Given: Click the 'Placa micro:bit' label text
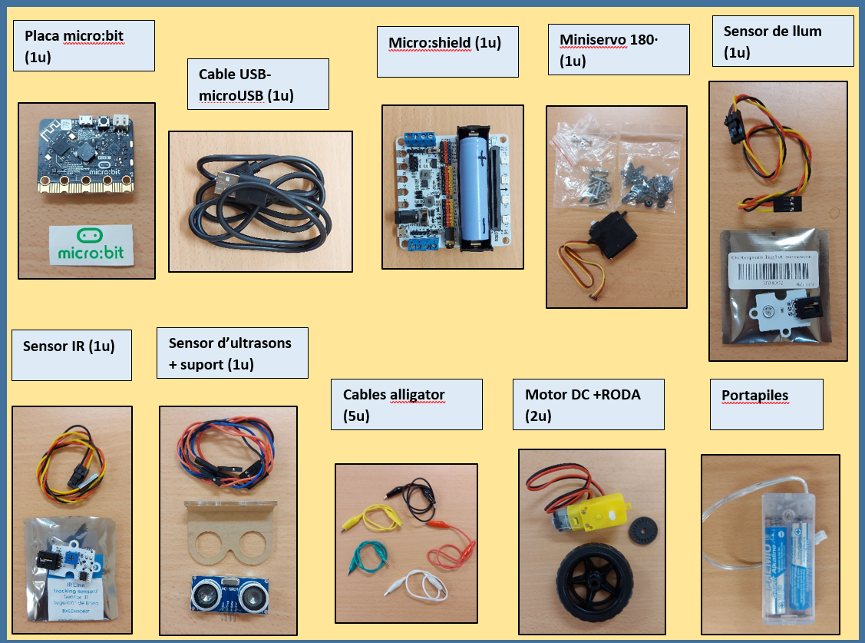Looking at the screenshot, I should (x=74, y=36).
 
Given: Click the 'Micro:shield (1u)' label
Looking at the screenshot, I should (x=444, y=43).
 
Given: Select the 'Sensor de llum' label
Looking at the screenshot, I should (x=772, y=31).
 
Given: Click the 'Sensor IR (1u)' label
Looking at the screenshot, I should (x=69, y=346).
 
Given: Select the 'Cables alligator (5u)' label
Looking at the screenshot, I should (x=394, y=395).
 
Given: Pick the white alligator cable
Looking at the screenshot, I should (x=418, y=588).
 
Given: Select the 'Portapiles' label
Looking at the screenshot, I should (x=755, y=396).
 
